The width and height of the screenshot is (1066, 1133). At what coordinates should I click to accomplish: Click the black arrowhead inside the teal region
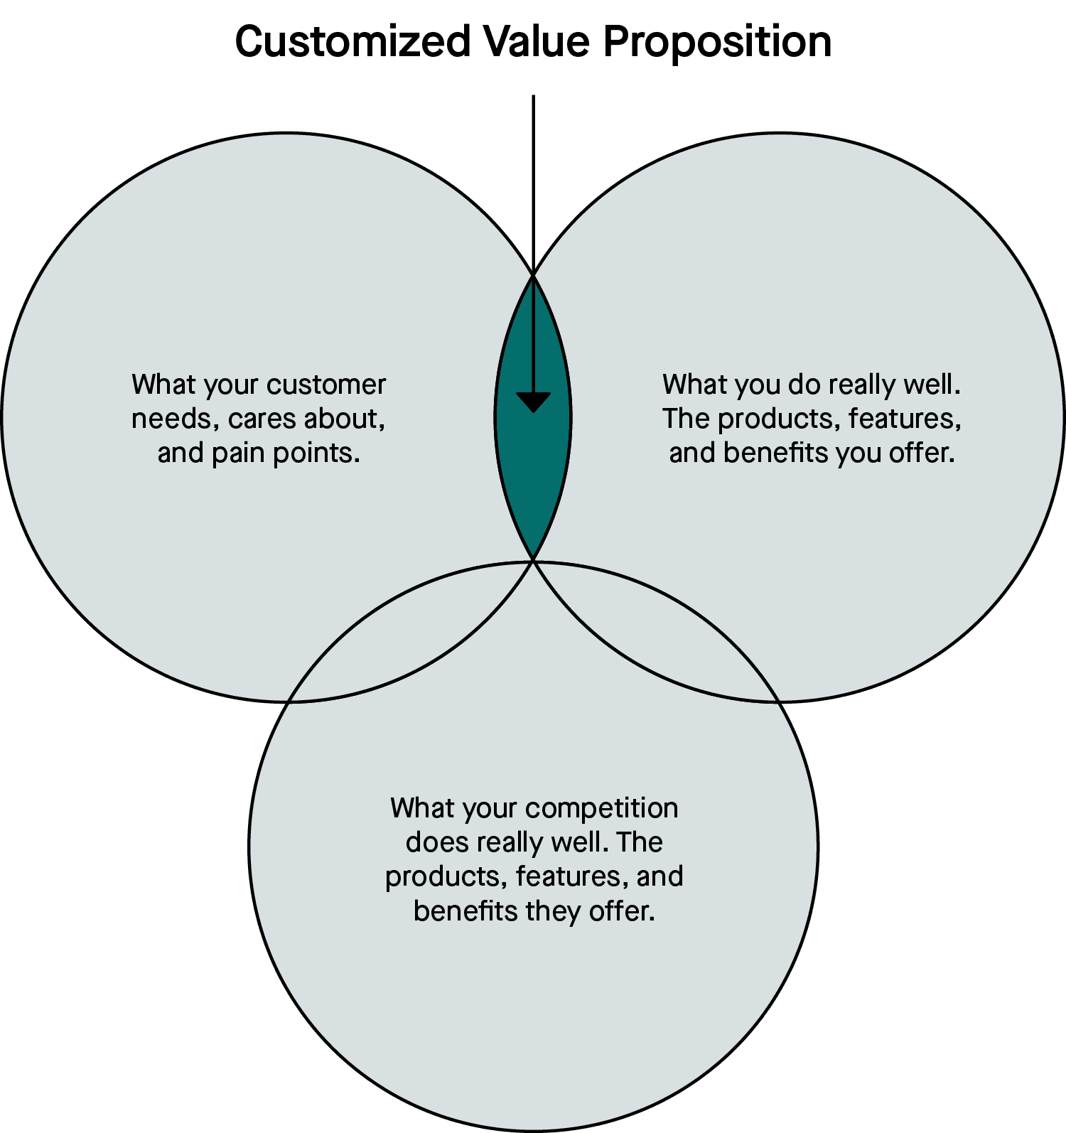tap(533, 402)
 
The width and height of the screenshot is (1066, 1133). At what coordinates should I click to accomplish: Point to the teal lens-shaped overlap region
tap(533, 469)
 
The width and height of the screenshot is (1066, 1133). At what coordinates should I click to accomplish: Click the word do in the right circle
tap(804, 385)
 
